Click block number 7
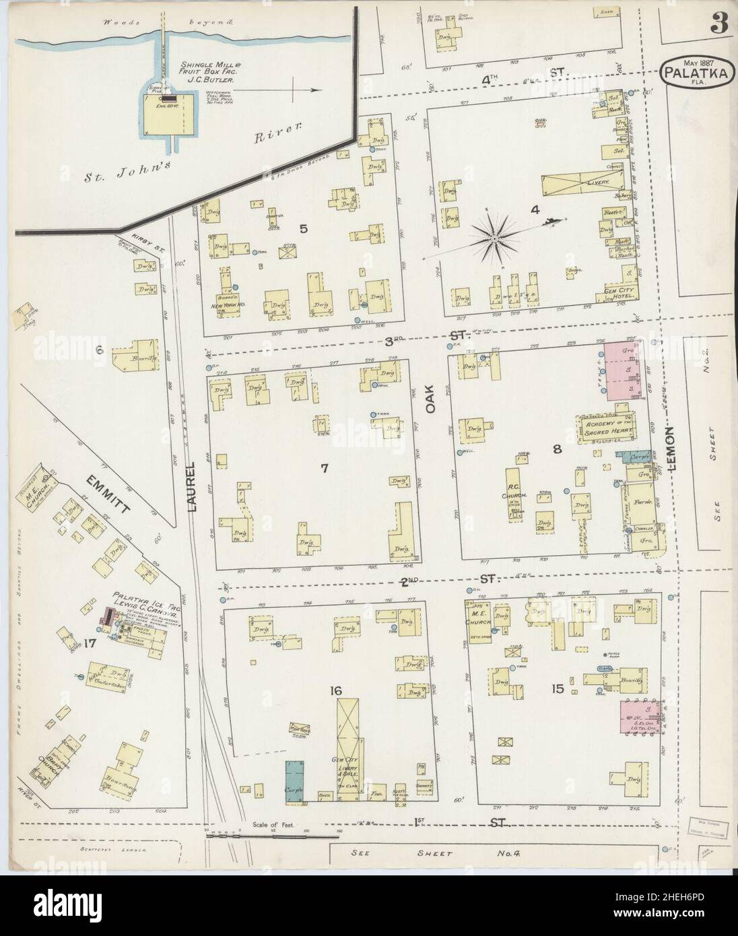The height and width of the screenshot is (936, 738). point(324,469)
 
